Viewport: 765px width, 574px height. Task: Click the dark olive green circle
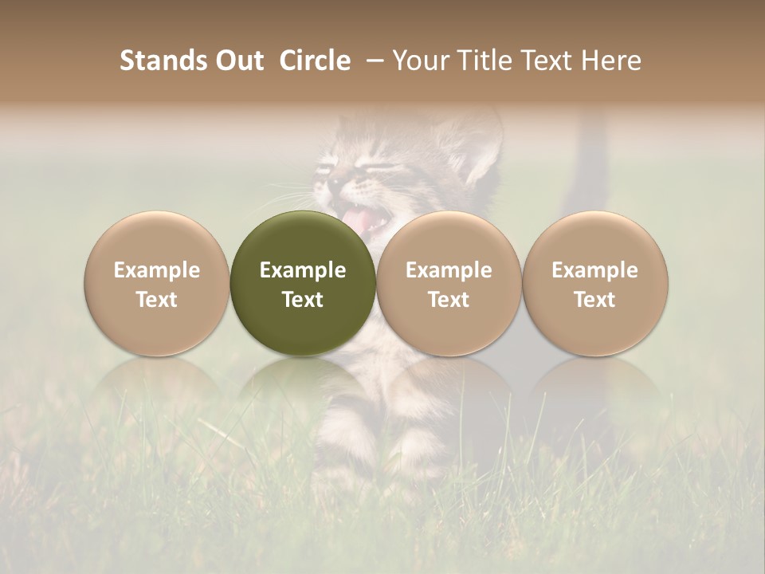303,283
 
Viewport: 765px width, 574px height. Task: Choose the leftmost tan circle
157,283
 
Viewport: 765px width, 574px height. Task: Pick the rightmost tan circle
595,283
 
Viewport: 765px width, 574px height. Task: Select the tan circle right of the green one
449,283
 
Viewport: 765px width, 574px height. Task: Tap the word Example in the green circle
303,270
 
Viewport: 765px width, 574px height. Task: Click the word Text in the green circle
303,300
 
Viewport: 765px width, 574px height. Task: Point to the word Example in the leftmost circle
157,270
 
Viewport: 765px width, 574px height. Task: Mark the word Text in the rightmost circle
595,300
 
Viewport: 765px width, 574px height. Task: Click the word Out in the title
237,61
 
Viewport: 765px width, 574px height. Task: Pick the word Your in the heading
420,61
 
